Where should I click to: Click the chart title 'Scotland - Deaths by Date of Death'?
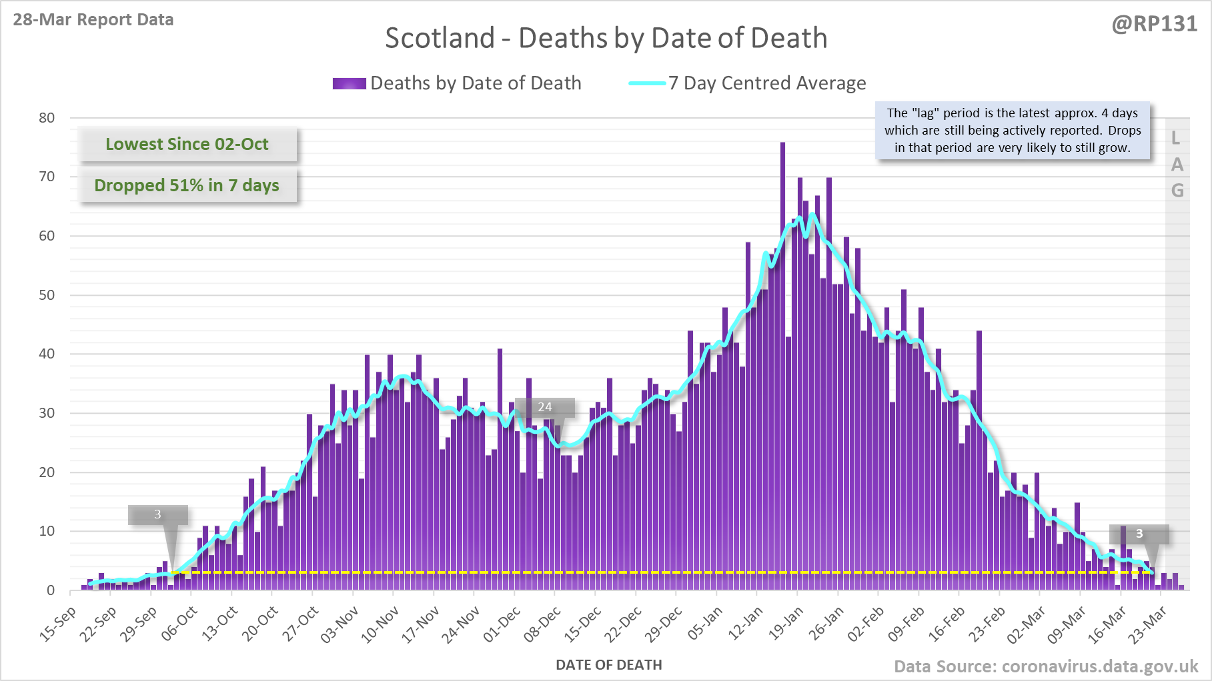tap(606, 38)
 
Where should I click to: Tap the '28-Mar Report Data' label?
tap(93, 19)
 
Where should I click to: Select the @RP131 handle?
tap(1154, 24)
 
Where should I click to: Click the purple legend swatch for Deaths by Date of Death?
tap(349, 83)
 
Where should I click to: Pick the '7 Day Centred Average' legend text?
tap(767, 83)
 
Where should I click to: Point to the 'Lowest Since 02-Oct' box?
tap(187, 144)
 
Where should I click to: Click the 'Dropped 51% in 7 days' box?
tap(187, 185)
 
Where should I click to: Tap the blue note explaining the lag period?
tap(1013, 131)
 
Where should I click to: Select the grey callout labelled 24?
tap(545, 407)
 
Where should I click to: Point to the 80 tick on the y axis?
tap(47, 118)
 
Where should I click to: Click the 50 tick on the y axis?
tap(47, 295)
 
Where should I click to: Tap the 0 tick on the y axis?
tap(51, 590)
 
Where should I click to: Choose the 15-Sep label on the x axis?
tap(59, 624)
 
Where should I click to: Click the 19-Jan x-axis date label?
tap(786, 624)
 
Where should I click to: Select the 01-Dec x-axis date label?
tap(502, 624)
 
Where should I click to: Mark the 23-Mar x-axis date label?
tap(1148, 624)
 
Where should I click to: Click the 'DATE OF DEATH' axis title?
tap(608, 665)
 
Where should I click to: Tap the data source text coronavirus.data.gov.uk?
tap(1045, 666)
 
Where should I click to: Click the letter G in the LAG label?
tap(1177, 191)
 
